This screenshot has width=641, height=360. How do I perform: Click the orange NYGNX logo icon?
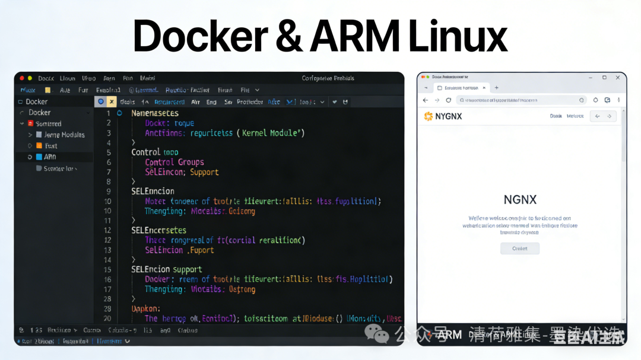tap(427, 116)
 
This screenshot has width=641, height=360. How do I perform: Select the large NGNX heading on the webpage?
tap(520, 200)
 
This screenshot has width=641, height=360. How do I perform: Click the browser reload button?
tap(449, 100)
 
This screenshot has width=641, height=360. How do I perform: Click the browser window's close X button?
tap(618, 77)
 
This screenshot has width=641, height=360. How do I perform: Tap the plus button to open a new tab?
tap(497, 88)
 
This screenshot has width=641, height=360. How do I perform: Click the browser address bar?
tap(516, 100)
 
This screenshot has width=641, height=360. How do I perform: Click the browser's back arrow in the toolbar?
tap(426, 100)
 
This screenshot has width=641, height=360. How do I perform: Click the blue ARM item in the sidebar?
tap(50, 157)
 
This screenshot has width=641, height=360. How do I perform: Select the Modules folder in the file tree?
tap(64, 135)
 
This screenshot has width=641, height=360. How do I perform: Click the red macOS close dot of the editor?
tap(22, 78)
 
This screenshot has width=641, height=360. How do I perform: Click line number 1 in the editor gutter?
tap(109, 113)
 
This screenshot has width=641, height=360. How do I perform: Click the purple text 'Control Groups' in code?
tap(174, 162)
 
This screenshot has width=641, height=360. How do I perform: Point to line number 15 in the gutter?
tap(107, 269)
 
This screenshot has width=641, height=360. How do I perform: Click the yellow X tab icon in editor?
tap(112, 101)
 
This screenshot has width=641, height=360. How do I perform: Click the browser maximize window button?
tap(604, 77)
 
